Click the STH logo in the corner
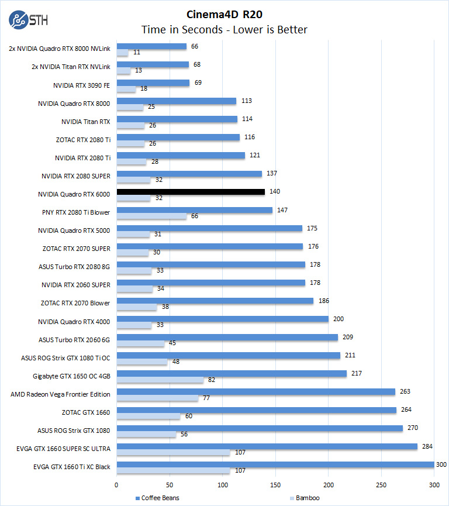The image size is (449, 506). click(28, 20)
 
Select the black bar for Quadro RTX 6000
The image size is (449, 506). click(191, 192)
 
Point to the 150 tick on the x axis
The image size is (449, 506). click(276, 484)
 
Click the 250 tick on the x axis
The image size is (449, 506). click(382, 484)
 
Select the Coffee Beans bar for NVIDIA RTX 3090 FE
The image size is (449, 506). click(153, 83)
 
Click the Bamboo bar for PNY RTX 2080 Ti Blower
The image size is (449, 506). click(151, 216)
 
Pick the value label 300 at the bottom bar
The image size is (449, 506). click(441, 464)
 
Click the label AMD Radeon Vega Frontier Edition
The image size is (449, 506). click(60, 394)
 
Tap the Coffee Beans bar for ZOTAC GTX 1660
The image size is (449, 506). click(257, 410)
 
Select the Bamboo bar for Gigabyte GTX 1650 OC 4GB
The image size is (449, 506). click(160, 380)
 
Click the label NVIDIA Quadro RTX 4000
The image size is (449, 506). click(74, 321)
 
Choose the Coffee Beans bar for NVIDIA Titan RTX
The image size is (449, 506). click(177, 119)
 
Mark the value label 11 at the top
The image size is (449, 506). click(136, 53)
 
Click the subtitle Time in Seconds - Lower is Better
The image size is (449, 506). click(224, 29)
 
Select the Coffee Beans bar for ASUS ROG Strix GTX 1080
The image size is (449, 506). click(260, 428)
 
